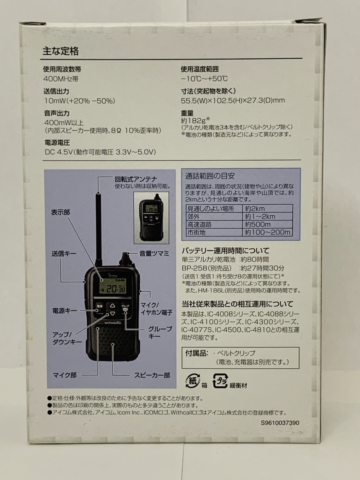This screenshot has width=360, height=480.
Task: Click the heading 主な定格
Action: tap(60, 51)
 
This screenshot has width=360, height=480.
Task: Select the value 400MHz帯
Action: tap(61, 79)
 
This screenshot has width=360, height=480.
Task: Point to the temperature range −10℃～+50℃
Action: tap(204, 79)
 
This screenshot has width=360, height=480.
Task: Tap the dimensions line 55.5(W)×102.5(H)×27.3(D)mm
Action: tap(233, 100)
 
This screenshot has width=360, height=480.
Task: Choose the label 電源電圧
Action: tap(57, 143)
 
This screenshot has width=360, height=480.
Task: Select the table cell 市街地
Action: tap(196, 232)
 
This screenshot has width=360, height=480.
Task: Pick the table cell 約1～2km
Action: tap(260, 216)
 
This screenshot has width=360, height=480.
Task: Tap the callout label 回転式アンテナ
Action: tap(136, 179)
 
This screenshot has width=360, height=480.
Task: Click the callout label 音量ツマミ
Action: tap(154, 254)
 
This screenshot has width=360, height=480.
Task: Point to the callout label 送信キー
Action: tap(64, 254)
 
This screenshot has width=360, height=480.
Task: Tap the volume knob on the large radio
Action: tap(125, 259)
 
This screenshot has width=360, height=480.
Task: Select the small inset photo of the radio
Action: tap(151, 218)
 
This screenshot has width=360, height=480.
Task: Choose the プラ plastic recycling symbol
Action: tap(220, 381)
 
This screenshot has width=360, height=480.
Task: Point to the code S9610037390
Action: tap(280, 423)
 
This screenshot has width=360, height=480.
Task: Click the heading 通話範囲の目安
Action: tap(210, 176)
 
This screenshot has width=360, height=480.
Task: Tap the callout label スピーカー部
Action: tap(152, 375)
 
